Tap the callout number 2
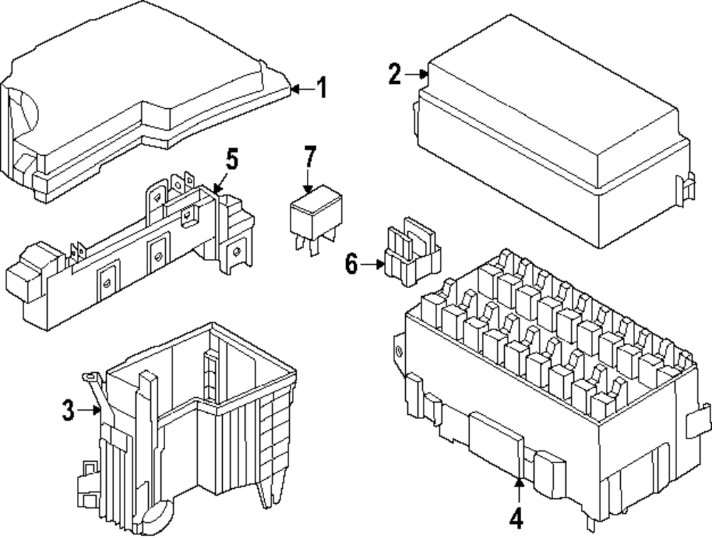(x=396, y=74)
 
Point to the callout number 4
(x=518, y=518)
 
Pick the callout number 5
(x=231, y=160)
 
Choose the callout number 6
(x=351, y=265)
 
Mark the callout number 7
(x=309, y=157)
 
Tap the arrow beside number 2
(x=417, y=73)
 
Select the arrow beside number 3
(x=90, y=409)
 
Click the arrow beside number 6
(x=374, y=265)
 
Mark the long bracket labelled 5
(x=128, y=256)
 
